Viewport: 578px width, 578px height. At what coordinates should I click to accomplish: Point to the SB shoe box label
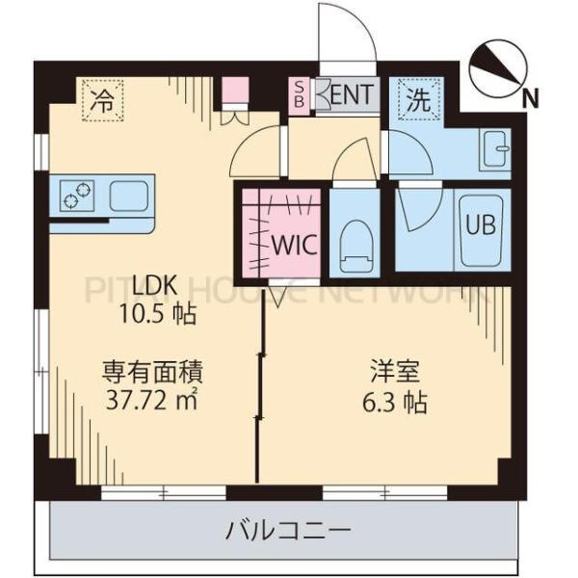[x=298, y=94]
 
